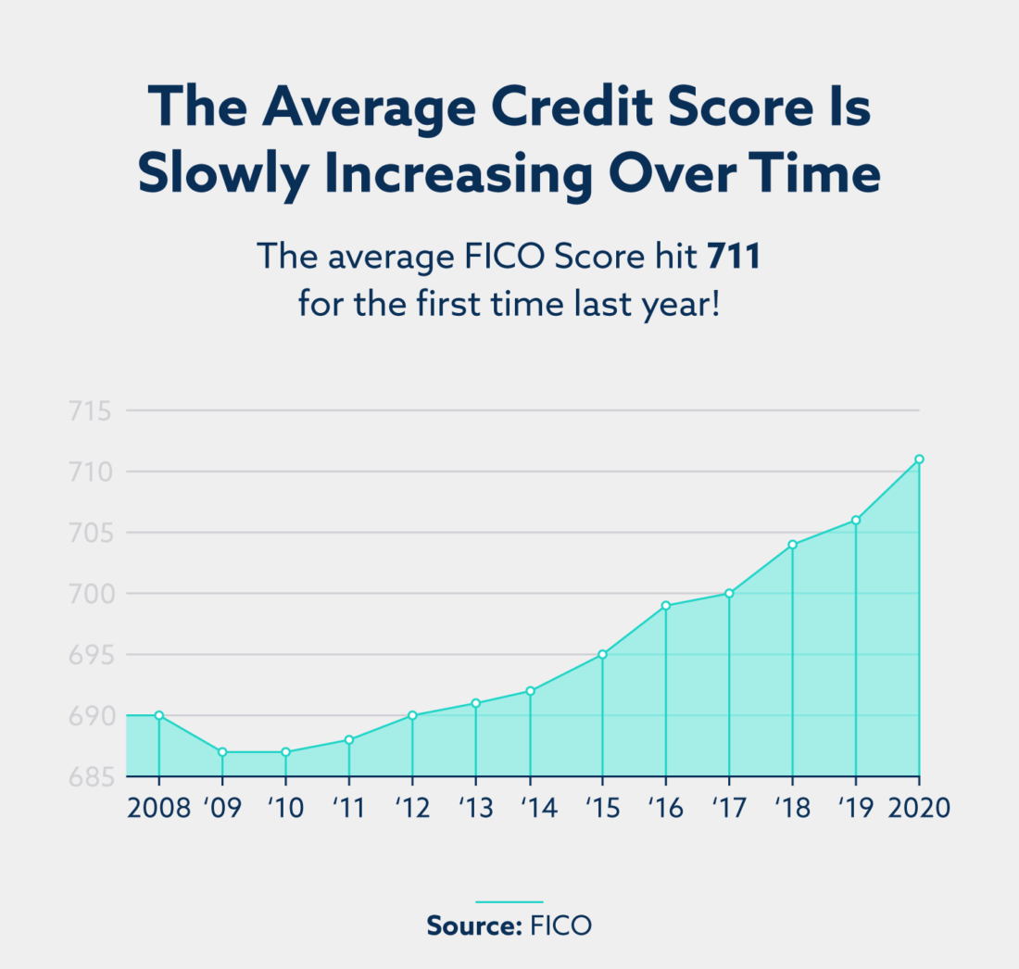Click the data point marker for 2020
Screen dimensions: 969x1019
919,459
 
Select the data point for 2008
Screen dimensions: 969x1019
158,715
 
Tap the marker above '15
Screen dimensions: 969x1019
602,654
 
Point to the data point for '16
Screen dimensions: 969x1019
665,605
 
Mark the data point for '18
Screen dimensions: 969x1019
792,545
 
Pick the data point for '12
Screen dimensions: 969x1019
412,715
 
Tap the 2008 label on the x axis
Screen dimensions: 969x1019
157,807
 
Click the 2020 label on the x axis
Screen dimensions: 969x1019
919,807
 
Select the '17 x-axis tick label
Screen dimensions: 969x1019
729,807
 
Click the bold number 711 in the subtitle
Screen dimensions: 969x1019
734,257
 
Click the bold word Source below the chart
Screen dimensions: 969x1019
472,925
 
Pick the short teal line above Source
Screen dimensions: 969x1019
509,900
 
